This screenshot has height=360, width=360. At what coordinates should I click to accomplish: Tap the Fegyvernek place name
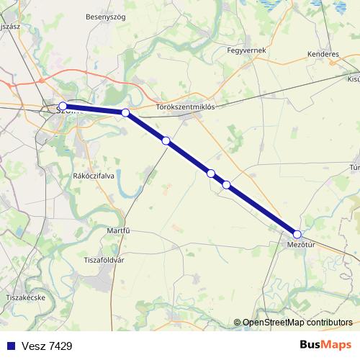pos(246,50)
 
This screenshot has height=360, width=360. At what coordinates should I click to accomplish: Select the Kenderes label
pos(323,54)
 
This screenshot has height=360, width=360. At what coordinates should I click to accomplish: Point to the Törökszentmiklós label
pos(186,107)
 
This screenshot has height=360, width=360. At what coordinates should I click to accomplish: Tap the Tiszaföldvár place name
pos(104,260)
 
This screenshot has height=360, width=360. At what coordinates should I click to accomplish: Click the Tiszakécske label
pos(25,297)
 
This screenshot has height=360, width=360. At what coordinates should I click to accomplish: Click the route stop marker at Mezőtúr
pos(297,233)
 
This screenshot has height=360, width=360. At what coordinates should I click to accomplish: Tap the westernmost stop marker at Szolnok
pos(63,107)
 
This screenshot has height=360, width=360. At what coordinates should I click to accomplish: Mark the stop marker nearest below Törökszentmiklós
pos(166,141)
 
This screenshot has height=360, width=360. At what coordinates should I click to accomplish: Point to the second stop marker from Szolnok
pos(125,112)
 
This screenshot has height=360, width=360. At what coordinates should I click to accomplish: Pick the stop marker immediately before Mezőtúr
pos(226,185)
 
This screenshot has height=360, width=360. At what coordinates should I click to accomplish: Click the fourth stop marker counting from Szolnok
pos(210,173)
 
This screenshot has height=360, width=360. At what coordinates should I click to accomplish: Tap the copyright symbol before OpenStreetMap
pos(238,323)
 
